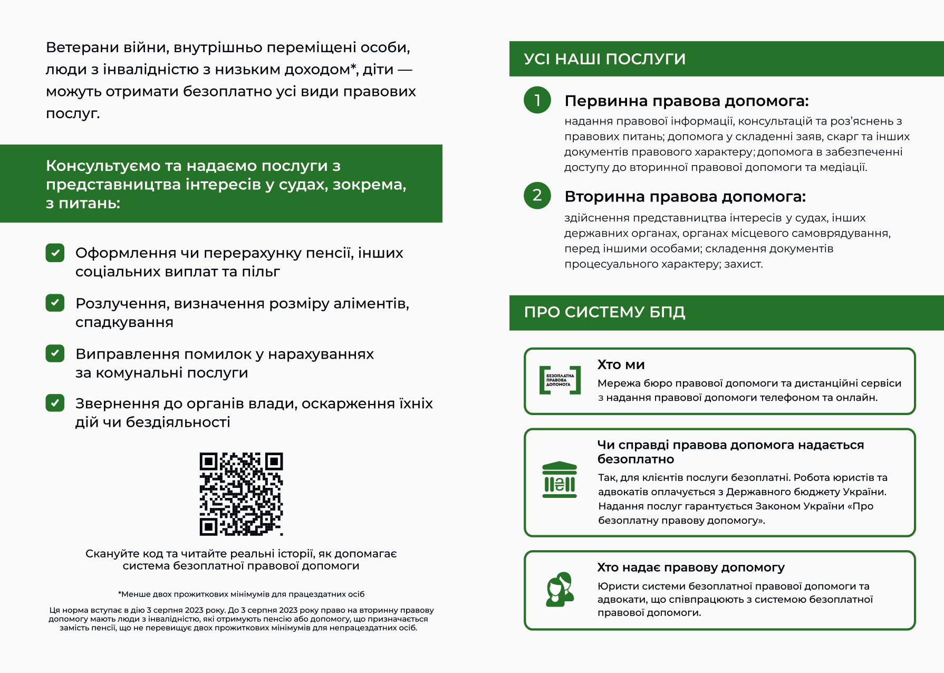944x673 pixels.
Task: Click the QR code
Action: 241,494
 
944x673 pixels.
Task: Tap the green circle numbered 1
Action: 537,100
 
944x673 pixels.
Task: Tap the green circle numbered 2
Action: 537,196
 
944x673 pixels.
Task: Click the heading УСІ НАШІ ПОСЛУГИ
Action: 604,59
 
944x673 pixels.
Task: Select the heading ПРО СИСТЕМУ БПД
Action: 604,312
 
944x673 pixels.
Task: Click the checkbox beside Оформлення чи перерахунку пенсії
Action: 55,253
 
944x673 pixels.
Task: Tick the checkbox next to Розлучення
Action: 55,303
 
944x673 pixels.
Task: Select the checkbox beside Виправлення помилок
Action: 55,353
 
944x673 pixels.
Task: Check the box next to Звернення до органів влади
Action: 55,403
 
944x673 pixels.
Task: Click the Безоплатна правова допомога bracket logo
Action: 560,380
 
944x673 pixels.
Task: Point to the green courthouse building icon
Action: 560,480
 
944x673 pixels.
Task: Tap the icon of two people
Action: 560,589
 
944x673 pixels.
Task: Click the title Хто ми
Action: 621,364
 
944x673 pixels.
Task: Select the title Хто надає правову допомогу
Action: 690,568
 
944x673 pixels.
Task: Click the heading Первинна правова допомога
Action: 686,101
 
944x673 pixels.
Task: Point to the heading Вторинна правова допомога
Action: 685,197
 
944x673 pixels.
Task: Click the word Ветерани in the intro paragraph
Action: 82,47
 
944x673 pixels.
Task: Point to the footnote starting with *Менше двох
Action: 241,594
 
